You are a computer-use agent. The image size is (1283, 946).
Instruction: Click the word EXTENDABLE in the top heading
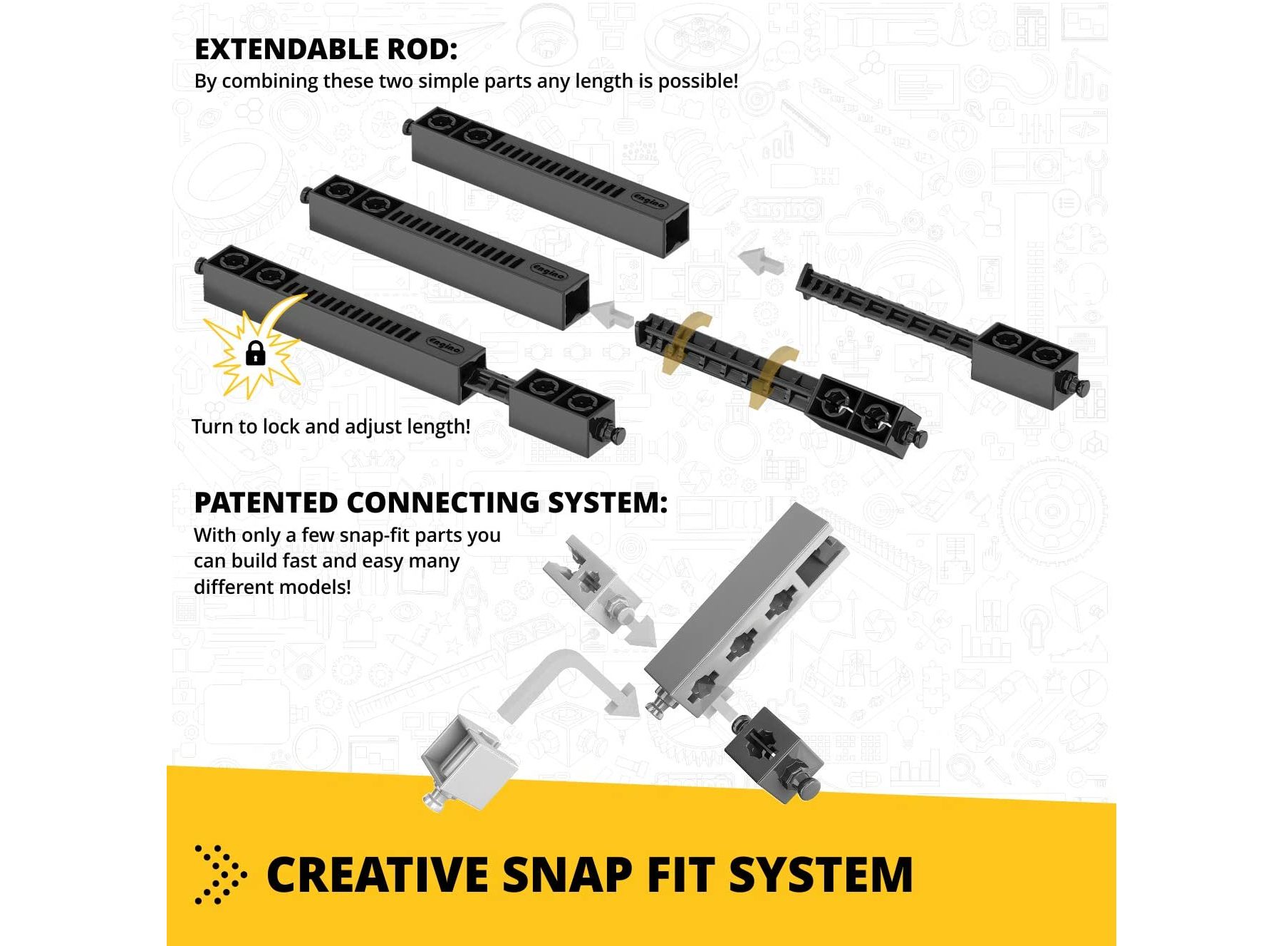coord(286,49)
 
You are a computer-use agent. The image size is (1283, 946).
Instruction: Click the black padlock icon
coord(255,353)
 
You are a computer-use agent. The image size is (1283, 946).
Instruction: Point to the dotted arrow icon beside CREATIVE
coord(220,875)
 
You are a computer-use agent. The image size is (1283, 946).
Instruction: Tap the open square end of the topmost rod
coord(676,231)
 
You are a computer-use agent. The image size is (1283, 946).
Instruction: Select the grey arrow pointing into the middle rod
coord(611,314)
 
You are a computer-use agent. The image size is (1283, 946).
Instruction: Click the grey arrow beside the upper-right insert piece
coord(761,261)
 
